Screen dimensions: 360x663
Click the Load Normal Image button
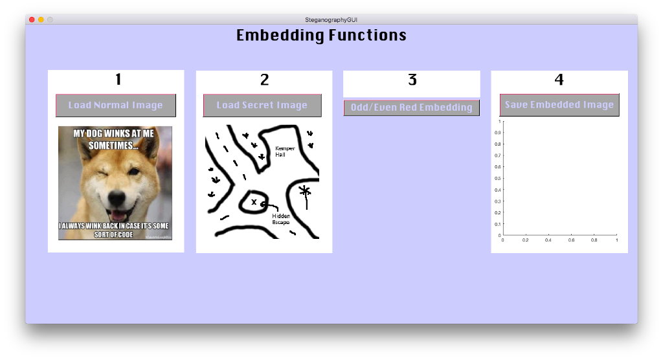pos(116,106)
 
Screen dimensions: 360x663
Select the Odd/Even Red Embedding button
pos(411,107)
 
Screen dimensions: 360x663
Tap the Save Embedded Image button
pos(559,105)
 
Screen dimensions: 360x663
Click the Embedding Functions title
pos(321,35)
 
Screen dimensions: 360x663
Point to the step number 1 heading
pos(118,80)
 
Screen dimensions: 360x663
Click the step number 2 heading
pos(264,80)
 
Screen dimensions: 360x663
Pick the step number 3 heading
pos(412,80)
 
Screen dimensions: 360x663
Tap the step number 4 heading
pos(559,80)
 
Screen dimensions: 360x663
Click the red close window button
pos(32,20)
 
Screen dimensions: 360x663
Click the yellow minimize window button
pos(41,20)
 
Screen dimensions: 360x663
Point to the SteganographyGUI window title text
pos(331,20)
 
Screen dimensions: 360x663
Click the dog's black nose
pos(116,196)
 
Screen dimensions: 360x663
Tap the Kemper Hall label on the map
pos(285,152)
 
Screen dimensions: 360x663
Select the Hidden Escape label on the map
pos(281,219)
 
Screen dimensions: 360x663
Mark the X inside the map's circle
pos(254,203)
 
